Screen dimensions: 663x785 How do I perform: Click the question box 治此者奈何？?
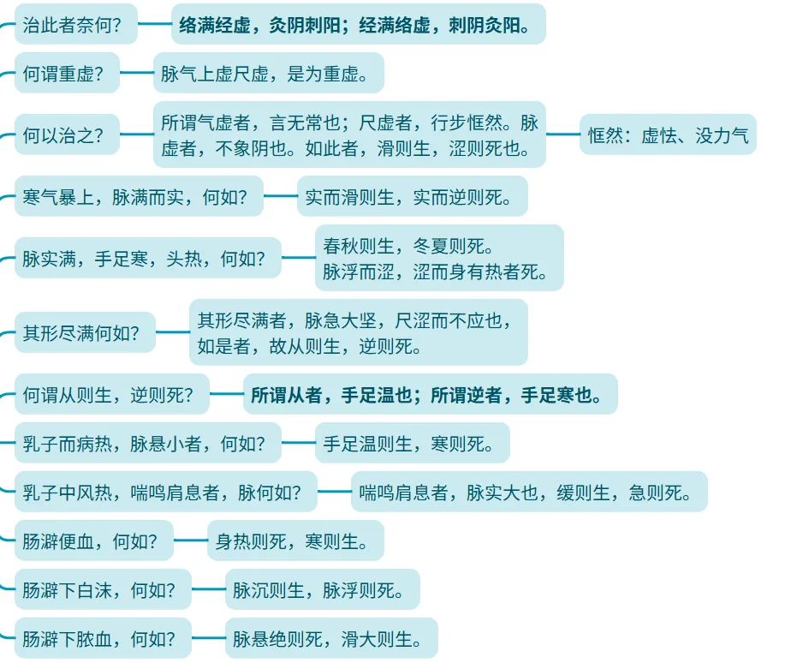pyautogui.click(x=76, y=25)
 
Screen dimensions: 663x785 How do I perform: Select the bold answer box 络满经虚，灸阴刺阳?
pyautogui.click(x=358, y=25)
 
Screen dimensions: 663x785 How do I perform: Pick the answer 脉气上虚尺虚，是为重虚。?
pyautogui.click(x=268, y=74)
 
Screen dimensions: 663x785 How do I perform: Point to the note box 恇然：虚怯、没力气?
pyautogui.click(x=668, y=134)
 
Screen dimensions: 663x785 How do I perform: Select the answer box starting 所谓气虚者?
pyautogui.click(x=349, y=134)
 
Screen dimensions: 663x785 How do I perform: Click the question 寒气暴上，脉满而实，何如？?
pyautogui.click(x=139, y=197)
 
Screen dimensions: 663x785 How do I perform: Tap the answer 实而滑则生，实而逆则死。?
pyautogui.click(x=412, y=197)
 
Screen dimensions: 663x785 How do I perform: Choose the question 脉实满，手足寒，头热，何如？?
pyautogui.click(x=148, y=258)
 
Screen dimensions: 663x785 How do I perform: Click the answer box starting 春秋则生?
pyautogui.click(x=439, y=258)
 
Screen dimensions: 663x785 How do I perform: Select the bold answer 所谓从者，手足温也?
pyautogui.click(x=430, y=395)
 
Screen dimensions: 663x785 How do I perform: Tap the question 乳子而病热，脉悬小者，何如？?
pyautogui.click(x=148, y=444)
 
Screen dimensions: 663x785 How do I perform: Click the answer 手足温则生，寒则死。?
pyautogui.click(x=412, y=444)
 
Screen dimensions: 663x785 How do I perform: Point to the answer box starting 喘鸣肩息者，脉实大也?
pyautogui.click(x=529, y=493)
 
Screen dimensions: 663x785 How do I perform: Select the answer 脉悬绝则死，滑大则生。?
pyautogui.click(x=331, y=639)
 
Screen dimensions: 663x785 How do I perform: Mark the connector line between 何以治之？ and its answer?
pyautogui.click(x=137, y=134)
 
